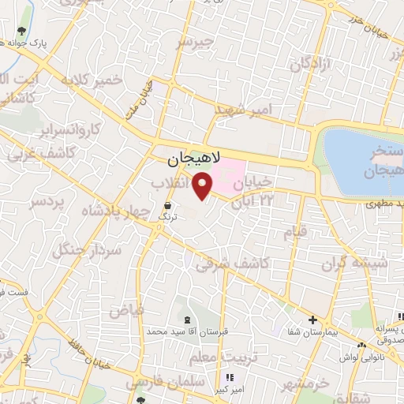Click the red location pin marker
(x=204, y=186)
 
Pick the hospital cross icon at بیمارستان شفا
(x=313, y=320)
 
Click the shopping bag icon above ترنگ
(x=166, y=204)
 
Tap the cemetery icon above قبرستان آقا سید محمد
(x=187, y=320)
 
